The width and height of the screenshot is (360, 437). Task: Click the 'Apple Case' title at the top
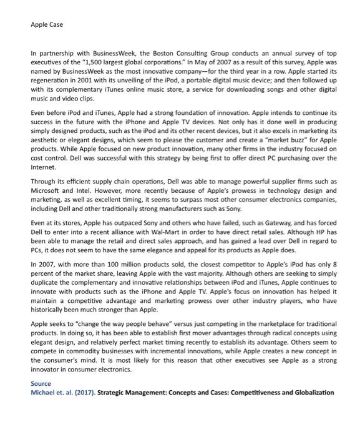point(47,25)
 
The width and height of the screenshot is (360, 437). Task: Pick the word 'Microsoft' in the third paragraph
point(47,190)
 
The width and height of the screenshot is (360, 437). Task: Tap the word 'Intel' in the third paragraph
point(87,190)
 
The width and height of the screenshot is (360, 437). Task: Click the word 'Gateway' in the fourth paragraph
point(246,222)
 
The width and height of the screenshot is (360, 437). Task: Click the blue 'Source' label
point(41,383)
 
